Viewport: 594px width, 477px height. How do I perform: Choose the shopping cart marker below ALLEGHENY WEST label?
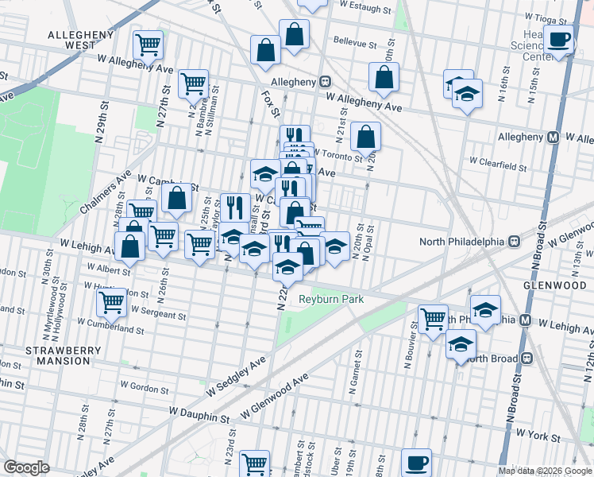(148, 47)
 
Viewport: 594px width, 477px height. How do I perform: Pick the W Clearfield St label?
(498, 166)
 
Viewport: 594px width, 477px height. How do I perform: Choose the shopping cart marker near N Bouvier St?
(432, 320)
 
